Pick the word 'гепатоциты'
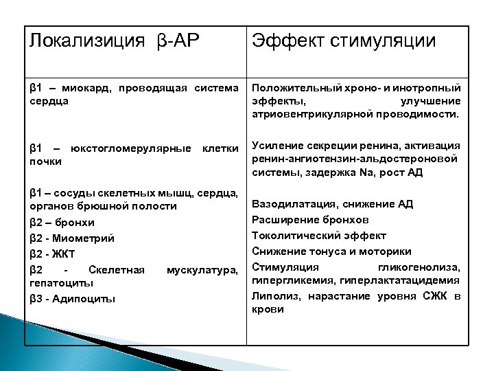click(60, 282)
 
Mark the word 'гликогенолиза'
click(426, 267)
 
